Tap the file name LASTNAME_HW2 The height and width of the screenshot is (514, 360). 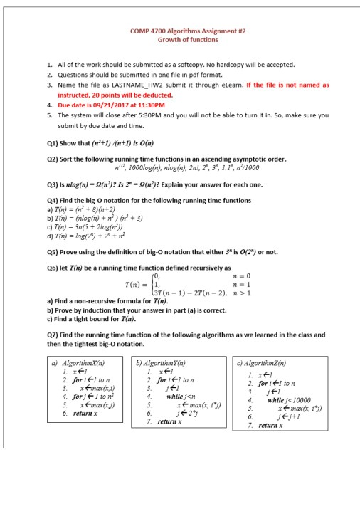(125, 84)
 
